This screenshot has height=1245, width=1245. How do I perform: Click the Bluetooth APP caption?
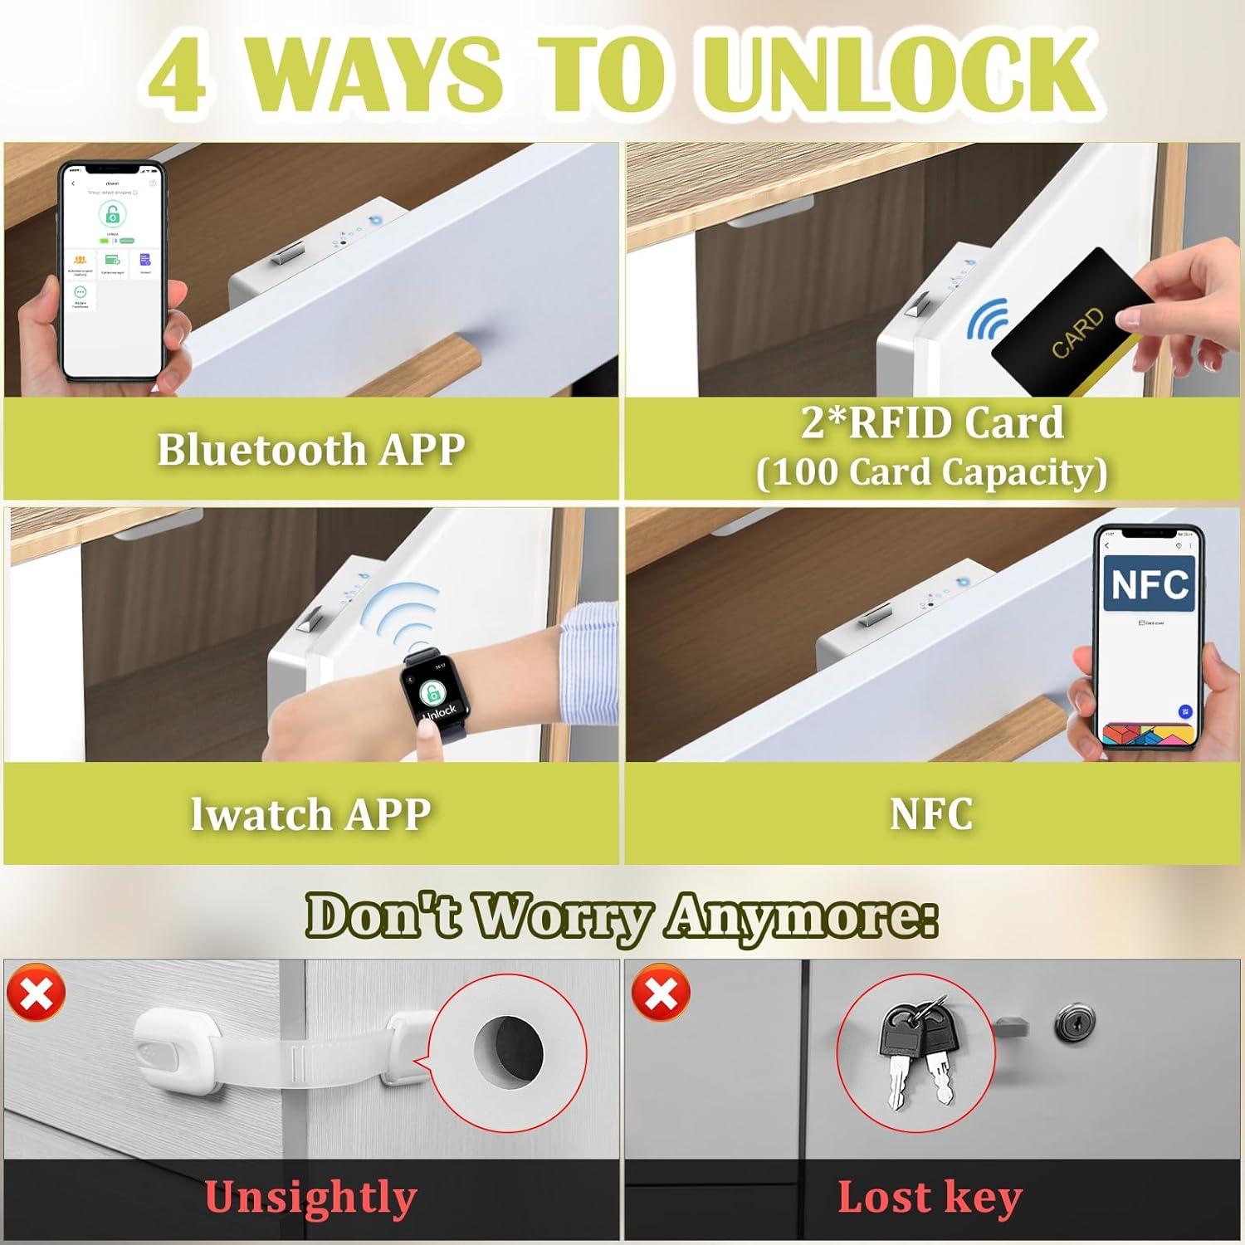pyautogui.click(x=310, y=450)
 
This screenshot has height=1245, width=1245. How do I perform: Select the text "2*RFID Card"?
pyautogui.click(x=931, y=422)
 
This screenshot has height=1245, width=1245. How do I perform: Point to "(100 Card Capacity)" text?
pyautogui.click(x=931, y=472)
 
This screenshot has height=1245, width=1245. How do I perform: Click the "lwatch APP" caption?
pyautogui.click(x=310, y=814)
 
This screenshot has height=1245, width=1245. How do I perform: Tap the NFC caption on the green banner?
pyautogui.click(x=931, y=814)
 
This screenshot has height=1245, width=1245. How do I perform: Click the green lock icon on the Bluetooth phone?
pyautogui.click(x=112, y=214)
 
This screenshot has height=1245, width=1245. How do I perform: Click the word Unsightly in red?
pyautogui.click(x=310, y=1198)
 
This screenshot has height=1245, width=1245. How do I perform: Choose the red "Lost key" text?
pyautogui.click(x=930, y=1198)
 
